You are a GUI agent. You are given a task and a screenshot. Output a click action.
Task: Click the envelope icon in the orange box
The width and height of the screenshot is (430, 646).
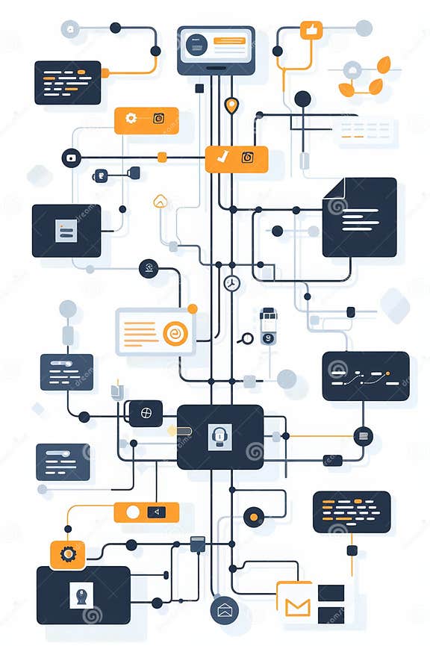(x=297, y=604)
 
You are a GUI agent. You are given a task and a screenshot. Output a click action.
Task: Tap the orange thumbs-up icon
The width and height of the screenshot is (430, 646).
(x=311, y=30)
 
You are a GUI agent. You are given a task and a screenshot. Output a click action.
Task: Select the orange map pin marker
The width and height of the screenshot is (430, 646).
(x=231, y=105)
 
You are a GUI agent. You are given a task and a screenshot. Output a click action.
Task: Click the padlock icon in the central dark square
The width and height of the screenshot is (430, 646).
(x=220, y=436)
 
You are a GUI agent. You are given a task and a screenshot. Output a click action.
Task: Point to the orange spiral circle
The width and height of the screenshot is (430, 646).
(x=175, y=333)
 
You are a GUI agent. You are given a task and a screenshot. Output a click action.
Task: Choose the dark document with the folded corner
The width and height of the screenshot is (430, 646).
(x=359, y=217)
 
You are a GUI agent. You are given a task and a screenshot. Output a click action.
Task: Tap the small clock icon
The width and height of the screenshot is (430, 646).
(x=231, y=283)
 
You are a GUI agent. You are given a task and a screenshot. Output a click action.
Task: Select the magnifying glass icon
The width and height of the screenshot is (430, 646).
(x=245, y=339)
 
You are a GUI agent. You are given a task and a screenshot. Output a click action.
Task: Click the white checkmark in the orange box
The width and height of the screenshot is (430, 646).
(x=221, y=157)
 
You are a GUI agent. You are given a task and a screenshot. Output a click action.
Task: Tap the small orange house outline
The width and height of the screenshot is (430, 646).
(x=160, y=201)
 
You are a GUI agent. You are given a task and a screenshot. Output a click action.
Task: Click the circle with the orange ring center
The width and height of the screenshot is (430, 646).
(x=254, y=516)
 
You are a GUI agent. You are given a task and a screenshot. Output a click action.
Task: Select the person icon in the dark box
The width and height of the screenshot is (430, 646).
(x=81, y=594)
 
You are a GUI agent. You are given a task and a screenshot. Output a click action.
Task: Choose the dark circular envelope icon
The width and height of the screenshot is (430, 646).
(x=224, y=611)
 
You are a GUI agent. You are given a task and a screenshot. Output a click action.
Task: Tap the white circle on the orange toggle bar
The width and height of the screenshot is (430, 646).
(x=133, y=512)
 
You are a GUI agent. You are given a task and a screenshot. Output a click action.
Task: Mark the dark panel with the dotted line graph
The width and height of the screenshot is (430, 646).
(x=366, y=376)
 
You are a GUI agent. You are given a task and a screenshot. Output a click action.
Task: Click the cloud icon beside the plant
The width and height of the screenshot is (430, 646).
(x=352, y=70)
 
